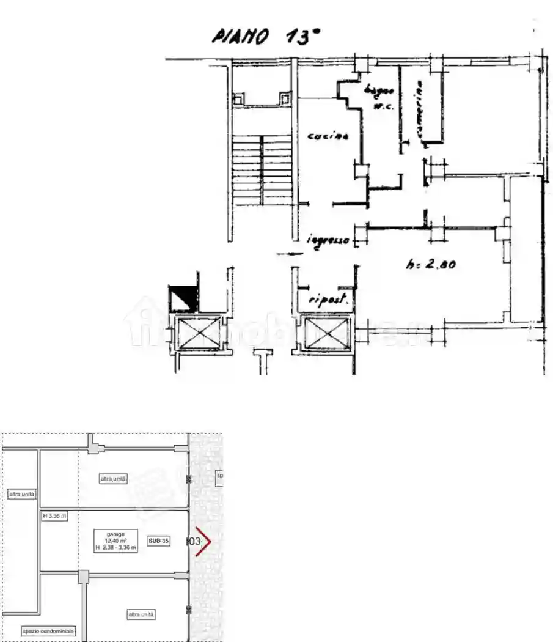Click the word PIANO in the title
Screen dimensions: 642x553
click(x=240, y=37)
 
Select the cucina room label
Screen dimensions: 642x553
click(x=328, y=137)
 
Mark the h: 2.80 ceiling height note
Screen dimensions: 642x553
click(x=432, y=265)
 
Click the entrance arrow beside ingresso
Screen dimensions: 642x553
click(x=290, y=254)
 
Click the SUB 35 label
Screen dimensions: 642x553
click(x=158, y=541)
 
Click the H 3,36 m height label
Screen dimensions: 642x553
click(x=54, y=516)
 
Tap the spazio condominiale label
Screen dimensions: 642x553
click(x=48, y=630)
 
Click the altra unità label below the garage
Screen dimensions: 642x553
click(x=141, y=614)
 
